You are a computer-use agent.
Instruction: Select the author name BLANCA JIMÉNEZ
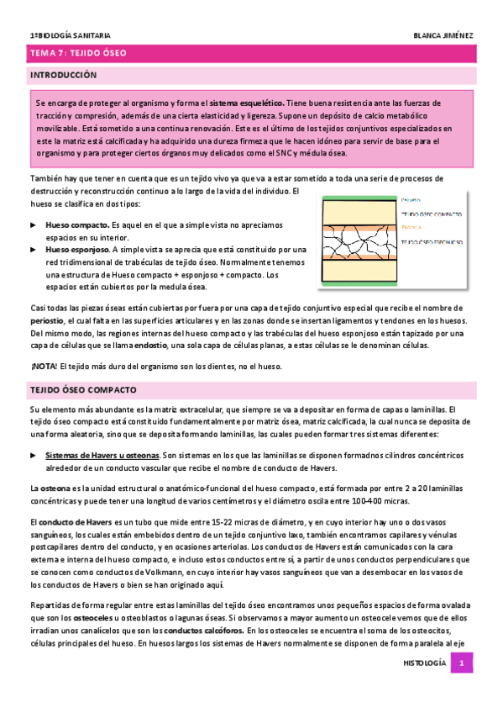coord(443,35)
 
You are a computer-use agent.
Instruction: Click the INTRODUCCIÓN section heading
coord(64,76)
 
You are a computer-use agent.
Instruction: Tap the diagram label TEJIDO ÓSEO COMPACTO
coord(432,214)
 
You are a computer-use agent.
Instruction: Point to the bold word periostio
coord(46,321)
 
